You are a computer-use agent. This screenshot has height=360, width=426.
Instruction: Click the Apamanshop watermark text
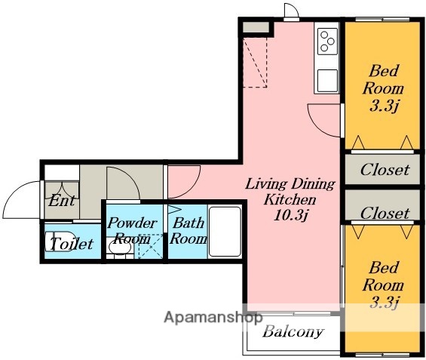pyautogui.click(x=213, y=317)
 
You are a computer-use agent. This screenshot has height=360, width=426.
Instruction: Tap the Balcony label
pyautogui.click(x=293, y=331)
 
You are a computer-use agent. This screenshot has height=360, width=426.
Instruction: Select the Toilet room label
pyautogui.click(x=72, y=244)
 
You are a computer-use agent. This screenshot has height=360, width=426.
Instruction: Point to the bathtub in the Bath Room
pyautogui.click(x=225, y=232)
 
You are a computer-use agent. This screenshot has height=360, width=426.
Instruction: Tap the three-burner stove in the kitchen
pyautogui.click(x=327, y=42)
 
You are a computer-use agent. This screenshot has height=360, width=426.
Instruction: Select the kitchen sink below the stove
pyautogui.click(x=327, y=81)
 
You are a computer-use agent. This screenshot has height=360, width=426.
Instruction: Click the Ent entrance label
pyautogui.click(x=62, y=201)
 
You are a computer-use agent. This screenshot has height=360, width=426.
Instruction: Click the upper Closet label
pyautogui.click(x=385, y=170)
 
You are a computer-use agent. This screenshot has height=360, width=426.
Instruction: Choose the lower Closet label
pyautogui.click(x=385, y=213)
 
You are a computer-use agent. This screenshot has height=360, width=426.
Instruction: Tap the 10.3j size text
pyautogui.click(x=291, y=216)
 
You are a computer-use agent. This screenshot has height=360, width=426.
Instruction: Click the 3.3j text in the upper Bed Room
pyautogui.click(x=384, y=107)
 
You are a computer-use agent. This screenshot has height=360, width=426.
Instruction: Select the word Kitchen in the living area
pyautogui.click(x=290, y=200)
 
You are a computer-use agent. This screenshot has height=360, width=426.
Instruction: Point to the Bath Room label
pyautogui.click(x=188, y=231)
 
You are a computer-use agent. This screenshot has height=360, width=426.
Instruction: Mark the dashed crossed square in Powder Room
pyautogui.click(x=150, y=247)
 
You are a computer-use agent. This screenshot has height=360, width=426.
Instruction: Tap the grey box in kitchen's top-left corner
pyautogui.click(x=256, y=27)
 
